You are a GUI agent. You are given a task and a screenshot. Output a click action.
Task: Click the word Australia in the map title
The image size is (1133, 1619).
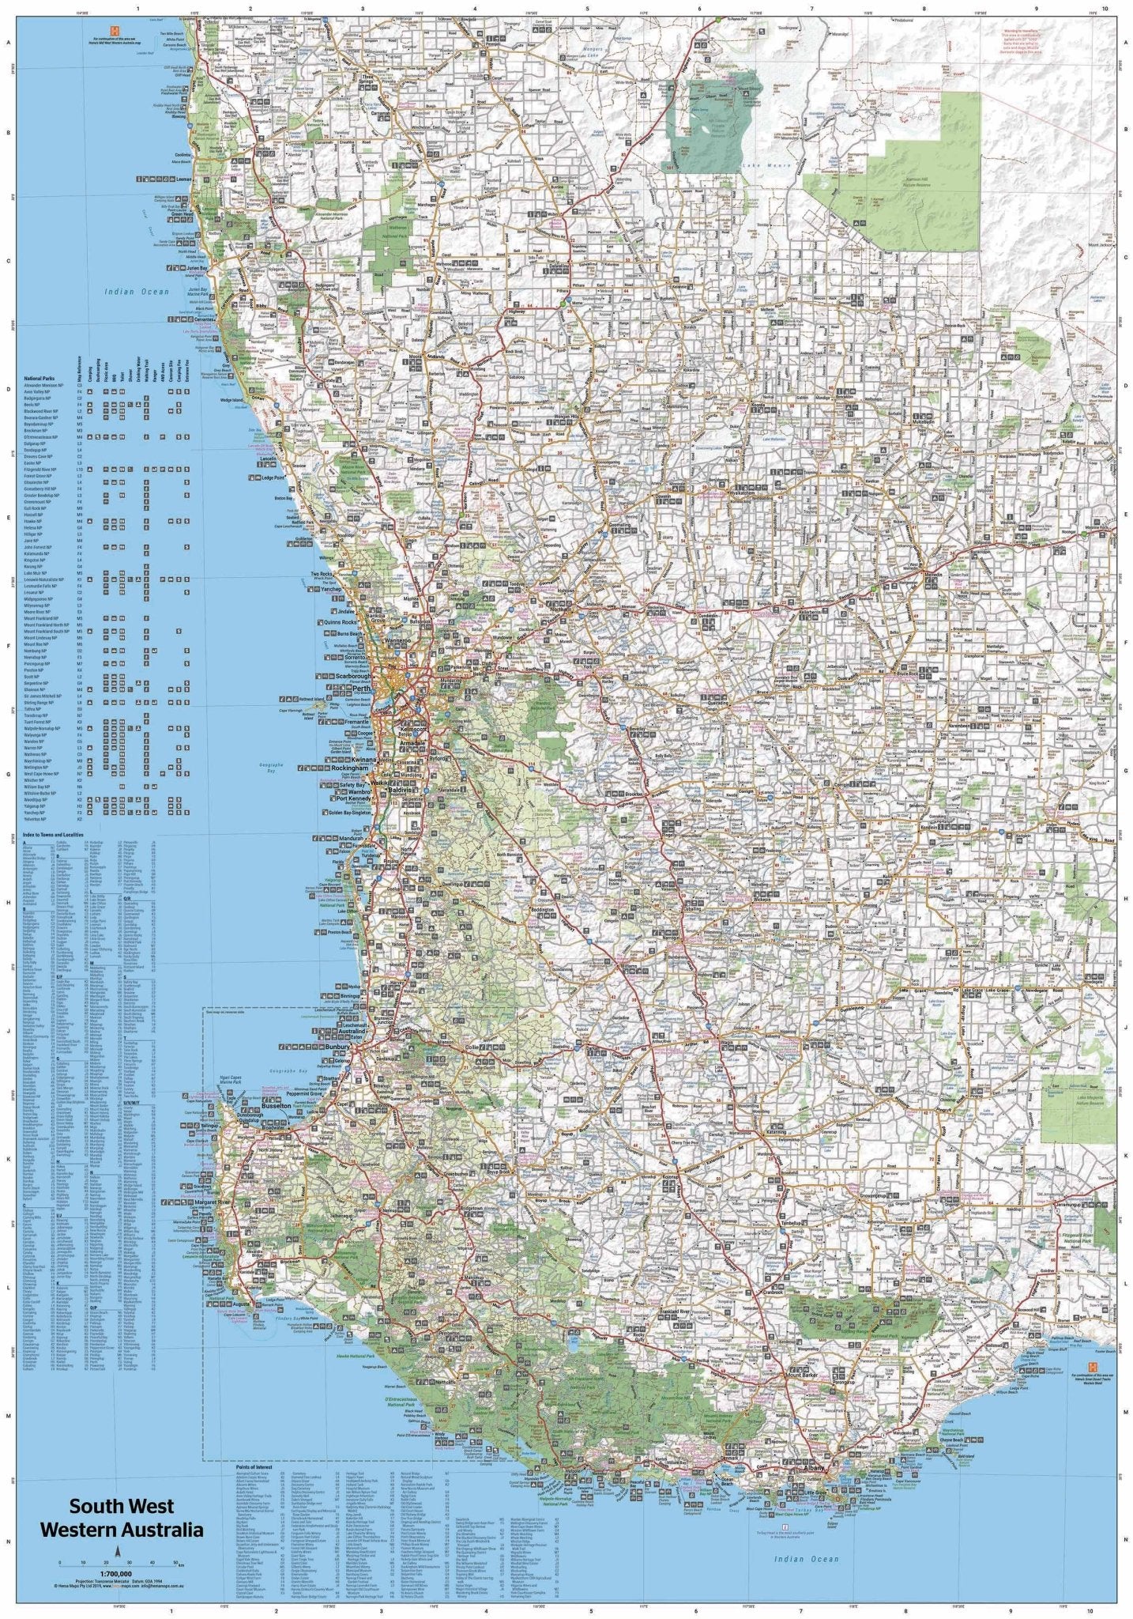tap(161, 1529)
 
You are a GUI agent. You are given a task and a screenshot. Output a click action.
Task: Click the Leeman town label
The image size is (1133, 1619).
tap(184, 180)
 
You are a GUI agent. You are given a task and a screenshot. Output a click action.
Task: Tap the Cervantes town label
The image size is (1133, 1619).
tap(205, 319)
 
